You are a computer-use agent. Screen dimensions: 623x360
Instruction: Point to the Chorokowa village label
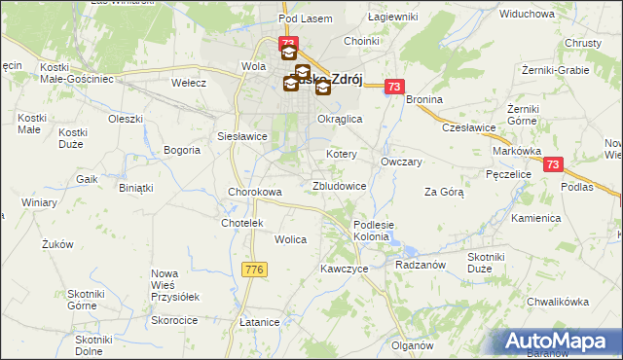[255, 192]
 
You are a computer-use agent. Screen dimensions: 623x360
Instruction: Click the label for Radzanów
[421, 264]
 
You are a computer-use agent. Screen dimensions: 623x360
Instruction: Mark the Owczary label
[401, 162]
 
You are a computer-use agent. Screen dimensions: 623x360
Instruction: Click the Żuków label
[58, 245]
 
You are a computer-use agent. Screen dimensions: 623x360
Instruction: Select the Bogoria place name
[182, 150]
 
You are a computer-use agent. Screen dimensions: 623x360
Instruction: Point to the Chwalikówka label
[558, 302]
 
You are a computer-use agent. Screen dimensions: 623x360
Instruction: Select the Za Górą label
[444, 192]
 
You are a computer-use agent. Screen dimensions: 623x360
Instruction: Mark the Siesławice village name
[242, 136]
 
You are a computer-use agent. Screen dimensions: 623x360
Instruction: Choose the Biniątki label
[135, 187]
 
